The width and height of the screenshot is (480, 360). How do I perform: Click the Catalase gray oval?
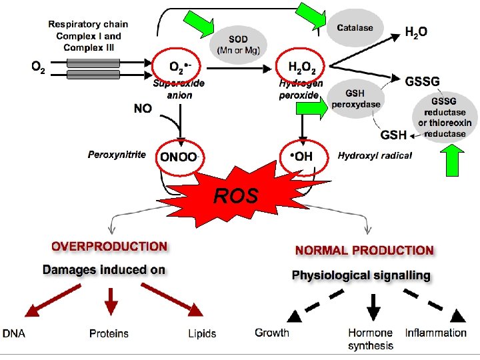tap(355, 28)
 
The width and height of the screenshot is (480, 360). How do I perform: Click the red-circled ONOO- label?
tap(179, 157)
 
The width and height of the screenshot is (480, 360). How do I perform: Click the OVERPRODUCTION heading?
tap(110, 246)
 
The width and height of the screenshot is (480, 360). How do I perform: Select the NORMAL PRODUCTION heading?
tap(364, 251)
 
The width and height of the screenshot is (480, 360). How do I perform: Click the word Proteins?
tap(109, 333)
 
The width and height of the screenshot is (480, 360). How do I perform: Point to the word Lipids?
tap(202, 333)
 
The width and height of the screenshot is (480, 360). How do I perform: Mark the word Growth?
tap(272, 333)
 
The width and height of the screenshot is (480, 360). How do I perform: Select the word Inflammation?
tap(435, 333)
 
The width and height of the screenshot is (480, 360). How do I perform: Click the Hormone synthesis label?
tap(371, 339)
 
